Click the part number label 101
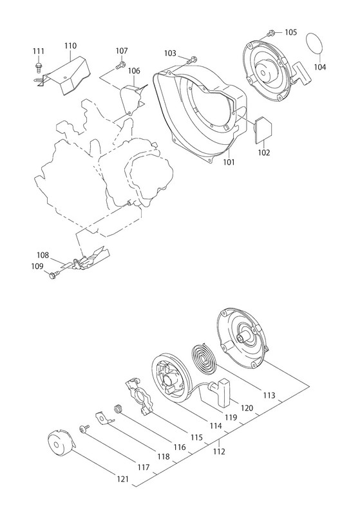(x=229, y=162)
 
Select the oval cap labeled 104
(x=314, y=43)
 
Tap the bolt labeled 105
(x=270, y=33)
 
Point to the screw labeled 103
(x=193, y=61)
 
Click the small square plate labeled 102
(x=264, y=130)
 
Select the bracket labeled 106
(x=133, y=99)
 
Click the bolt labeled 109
(x=54, y=274)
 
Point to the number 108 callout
(x=43, y=255)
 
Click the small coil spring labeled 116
(x=118, y=409)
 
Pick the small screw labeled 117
(x=84, y=429)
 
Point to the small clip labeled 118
(x=104, y=419)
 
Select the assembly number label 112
(x=219, y=452)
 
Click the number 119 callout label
(x=231, y=417)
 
